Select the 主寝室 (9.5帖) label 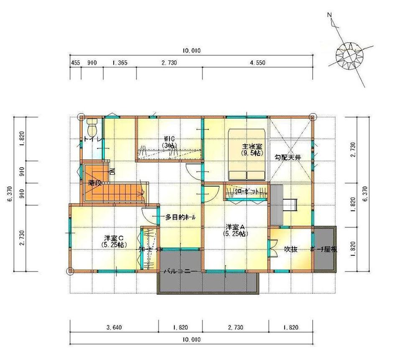(252, 150)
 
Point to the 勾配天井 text (288, 157)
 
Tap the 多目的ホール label (180, 217)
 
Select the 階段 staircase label (96, 183)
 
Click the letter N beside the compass (330, 15)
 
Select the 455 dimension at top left (75, 63)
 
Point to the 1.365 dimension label (120, 63)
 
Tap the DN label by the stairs (112, 171)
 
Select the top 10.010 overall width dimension (192, 51)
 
